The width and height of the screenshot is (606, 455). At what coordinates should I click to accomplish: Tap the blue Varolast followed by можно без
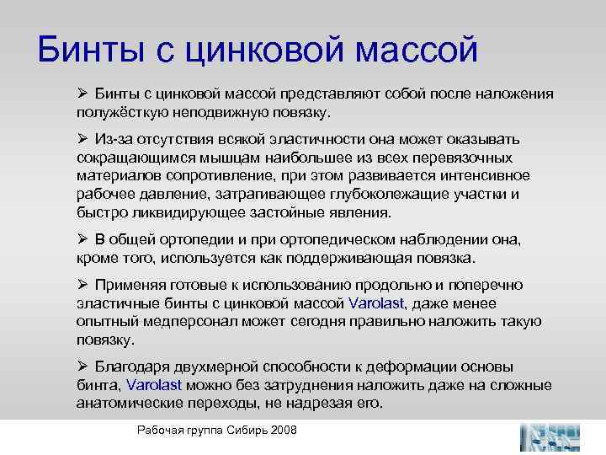tap(153, 385)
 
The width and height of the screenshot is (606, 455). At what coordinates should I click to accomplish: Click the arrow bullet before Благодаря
tap(82, 367)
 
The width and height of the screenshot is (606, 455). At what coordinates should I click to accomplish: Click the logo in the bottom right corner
tap(550, 436)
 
